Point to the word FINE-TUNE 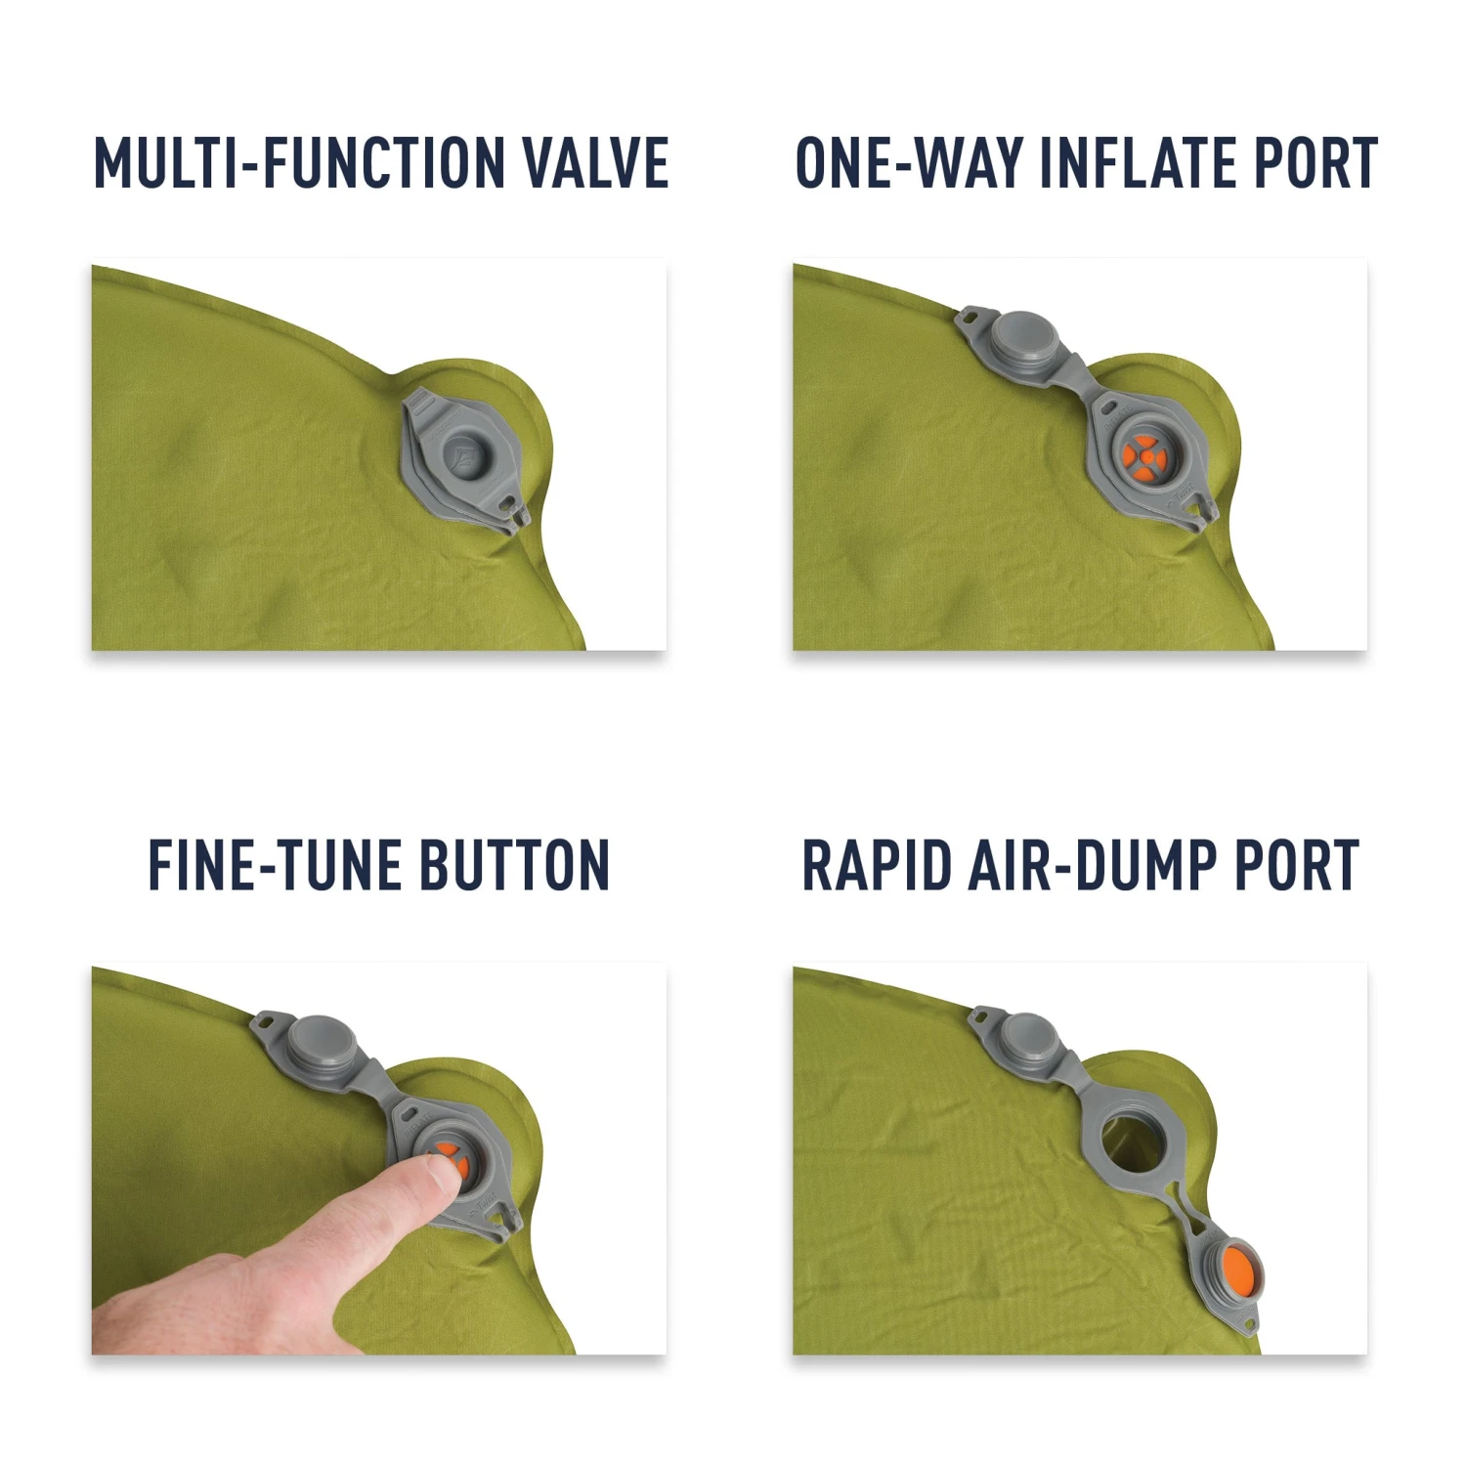tap(274, 866)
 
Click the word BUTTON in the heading tap(514, 866)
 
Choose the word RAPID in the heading tap(876, 866)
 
